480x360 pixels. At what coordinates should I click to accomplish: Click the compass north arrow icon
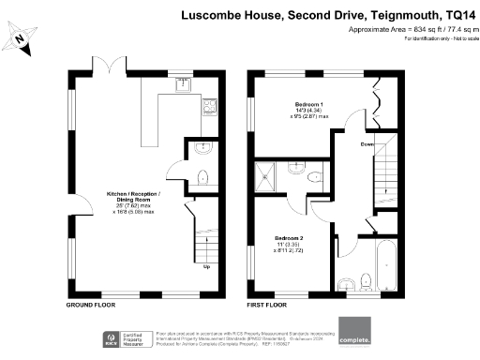pos(22,38)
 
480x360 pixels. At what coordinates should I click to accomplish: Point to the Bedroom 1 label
pos(295,102)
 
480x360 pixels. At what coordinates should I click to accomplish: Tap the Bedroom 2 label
pos(289,239)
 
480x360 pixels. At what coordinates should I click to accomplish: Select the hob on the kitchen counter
pos(207,106)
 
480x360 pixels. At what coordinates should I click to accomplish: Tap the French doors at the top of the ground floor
pos(112,67)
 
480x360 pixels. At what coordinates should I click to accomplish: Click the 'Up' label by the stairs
pos(207,265)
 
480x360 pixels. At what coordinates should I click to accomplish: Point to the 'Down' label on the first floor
pos(367,143)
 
